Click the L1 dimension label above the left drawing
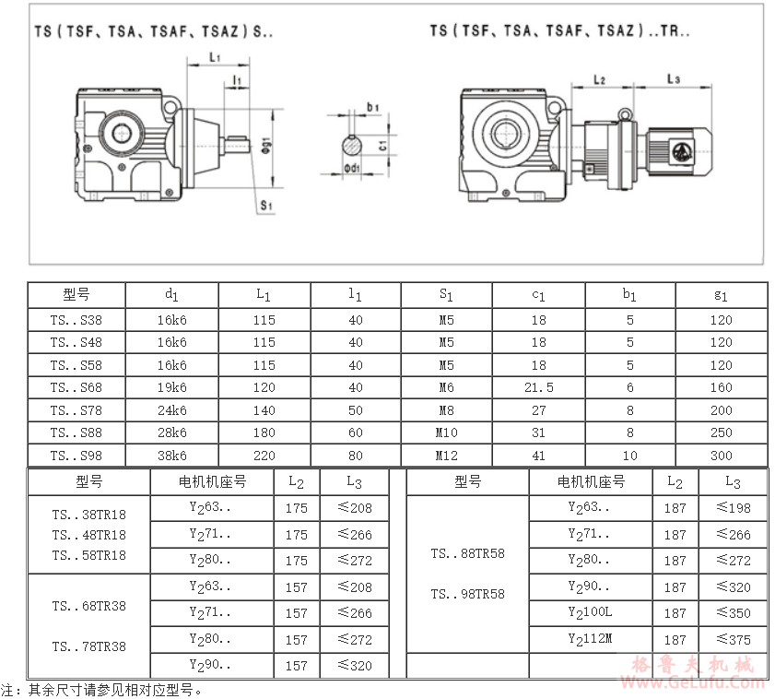point(215,57)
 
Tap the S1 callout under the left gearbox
point(266,205)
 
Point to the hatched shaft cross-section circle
point(352,146)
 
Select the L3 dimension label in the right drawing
point(674,78)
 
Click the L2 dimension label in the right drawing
point(600,79)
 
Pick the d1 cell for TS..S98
point(172,456)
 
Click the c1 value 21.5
point(539,387)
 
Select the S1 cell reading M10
point(446,432)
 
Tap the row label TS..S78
point(76,410)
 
